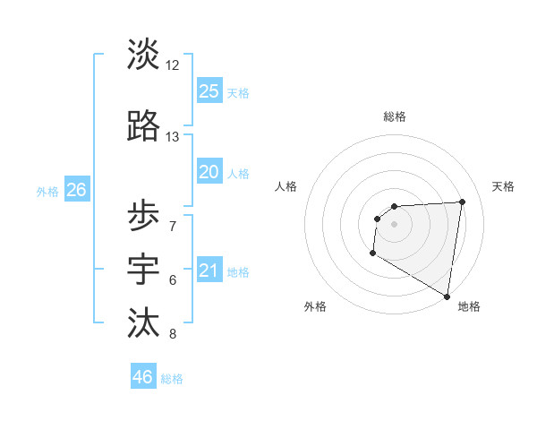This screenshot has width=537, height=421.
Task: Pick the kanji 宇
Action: [x=143, y=267]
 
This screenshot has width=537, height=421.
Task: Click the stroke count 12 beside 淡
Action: [x=173, y=65]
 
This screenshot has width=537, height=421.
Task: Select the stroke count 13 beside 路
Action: [x=173, y=137]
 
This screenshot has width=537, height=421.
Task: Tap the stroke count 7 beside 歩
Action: [x=173, y=227]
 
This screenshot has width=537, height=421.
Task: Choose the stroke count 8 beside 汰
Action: [x=173, y=335]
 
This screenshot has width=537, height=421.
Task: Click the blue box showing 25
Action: [x=209, y=90]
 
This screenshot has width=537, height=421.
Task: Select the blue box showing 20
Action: [x=209, y=172]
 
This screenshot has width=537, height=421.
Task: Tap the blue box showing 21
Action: [x=209, y=271]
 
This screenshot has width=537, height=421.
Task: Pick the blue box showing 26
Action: [x=76, y=189]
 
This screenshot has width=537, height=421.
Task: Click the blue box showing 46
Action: [x=142, y=377]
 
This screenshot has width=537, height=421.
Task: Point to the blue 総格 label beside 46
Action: [x=172, y=379]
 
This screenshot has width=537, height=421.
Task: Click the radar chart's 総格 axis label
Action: [x=394, y=116]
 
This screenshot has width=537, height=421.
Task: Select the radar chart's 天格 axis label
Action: [x=503, y=186]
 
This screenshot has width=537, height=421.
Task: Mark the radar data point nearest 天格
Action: [x=463, y=202]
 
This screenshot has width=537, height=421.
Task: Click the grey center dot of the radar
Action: [x=394, y=224]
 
